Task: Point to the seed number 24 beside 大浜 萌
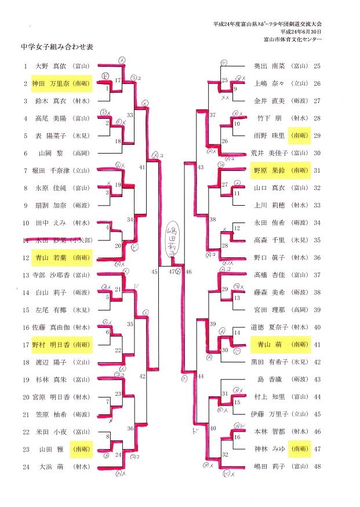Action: pos(26,466)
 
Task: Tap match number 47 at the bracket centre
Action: pos(172,271)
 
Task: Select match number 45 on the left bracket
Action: pos(154,271)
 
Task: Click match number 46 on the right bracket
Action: pos(189,271)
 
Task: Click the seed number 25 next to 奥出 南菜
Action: pos(317,66)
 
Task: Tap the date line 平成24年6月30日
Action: pos(300,32)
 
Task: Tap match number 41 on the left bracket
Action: pos(143,167)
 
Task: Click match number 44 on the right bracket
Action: pos(201,377)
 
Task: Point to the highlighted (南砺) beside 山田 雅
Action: pos(79,449)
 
